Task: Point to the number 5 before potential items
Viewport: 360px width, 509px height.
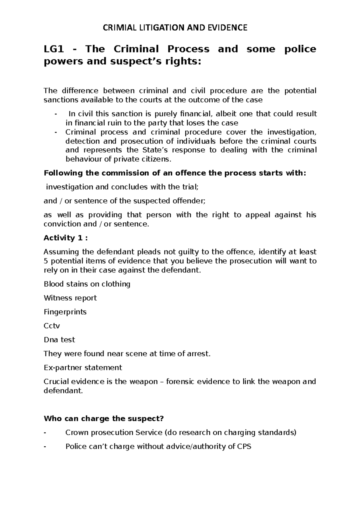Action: coord(46,261)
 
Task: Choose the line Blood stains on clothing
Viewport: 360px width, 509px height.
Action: coord(87,284)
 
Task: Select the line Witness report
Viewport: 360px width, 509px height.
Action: coord(70,298)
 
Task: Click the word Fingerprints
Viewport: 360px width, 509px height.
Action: coord(65,312)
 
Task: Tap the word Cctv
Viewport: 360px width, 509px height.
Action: coord(52,326)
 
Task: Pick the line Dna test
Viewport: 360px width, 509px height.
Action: coord(59,340)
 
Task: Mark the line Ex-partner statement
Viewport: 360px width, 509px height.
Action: coord(83,368)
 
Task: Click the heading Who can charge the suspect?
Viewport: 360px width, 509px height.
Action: coord(104,418)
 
